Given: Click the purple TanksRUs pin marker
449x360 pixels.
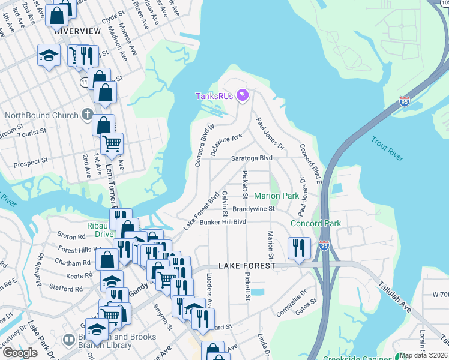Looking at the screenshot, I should [243, 95].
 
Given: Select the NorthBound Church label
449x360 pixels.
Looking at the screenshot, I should [41, 115].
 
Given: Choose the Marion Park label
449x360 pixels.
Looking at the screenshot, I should [276, 196].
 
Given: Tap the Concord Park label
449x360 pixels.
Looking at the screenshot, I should [315, 223].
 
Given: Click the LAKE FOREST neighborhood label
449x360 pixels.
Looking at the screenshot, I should [246, 265].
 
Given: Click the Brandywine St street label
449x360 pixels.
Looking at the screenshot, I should [253, 209].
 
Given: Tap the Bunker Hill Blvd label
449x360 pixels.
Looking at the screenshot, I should [223, 221].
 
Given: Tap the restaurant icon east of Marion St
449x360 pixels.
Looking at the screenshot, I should [298, 247].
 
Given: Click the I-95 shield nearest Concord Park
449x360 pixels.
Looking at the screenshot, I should [324, 245].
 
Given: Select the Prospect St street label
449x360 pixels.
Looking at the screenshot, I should [31, 162].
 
